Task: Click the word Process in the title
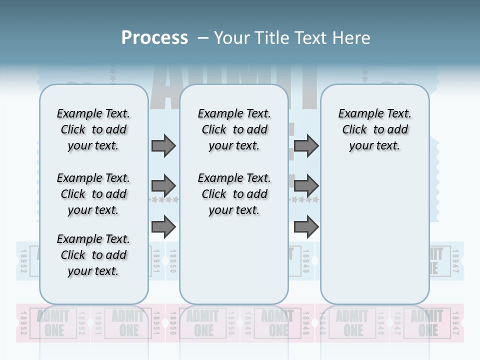[x=154, y=37]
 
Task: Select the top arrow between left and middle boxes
[x=163, y=146]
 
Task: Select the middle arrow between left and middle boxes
[x=163, y=186]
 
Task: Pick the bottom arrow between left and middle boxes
[x=163, y=227]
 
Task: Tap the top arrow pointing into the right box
[x=306, y=146]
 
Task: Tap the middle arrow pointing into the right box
[x=306, y=186]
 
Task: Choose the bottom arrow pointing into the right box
[x=306, y=227]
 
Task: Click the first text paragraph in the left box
[x=93, y=129]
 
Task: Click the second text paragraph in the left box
[x=93, y=194]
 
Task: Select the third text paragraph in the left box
[x=93, y=255]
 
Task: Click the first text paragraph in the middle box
[x=234, y=129]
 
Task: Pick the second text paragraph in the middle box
[x=234, y=194]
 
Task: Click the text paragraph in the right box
[x=375, y=129]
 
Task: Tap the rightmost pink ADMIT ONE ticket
[x=427, y=323]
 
